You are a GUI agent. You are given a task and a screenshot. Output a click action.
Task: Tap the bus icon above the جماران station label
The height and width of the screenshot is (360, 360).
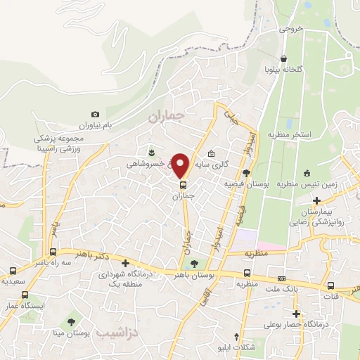(x=184, y=186)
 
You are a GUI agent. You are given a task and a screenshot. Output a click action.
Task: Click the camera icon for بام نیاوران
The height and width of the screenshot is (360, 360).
(x=96, y=114)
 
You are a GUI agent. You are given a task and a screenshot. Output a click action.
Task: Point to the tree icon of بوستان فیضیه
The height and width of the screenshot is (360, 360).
(x=245, y=172)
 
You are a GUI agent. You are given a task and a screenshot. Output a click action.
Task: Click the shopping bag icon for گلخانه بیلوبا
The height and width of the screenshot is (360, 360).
(x=283, y=59)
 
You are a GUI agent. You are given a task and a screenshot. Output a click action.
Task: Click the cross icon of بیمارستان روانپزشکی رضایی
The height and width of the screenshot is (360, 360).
(x=317, y=201)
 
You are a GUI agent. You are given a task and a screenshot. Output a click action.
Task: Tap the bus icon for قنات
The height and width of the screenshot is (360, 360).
(x=331, y=285)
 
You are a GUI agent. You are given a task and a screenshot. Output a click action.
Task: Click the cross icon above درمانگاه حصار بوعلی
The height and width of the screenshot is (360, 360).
(x=296, y=314)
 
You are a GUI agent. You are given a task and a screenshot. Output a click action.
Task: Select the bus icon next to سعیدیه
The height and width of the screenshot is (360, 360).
(x=13, y=271)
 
